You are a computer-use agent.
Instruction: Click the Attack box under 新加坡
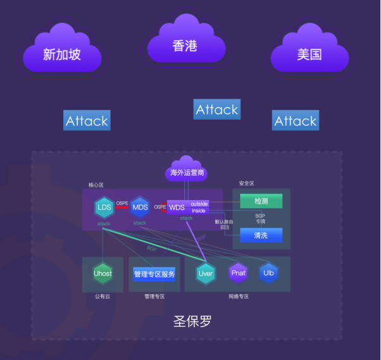87,120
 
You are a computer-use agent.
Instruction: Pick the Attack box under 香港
216,109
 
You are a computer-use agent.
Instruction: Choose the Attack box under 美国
295,120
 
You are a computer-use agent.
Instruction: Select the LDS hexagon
104,208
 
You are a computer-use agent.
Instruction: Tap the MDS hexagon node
139,208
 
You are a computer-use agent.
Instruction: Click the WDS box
177,207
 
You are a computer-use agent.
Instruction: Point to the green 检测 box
261,201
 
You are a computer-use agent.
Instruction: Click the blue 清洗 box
261,235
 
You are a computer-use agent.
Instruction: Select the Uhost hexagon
103,273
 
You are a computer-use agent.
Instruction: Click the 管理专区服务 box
154,274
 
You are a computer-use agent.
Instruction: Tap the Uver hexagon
206,273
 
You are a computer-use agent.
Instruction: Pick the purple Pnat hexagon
239,273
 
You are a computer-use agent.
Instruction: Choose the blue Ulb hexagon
268,273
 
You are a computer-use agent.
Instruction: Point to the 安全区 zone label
247,183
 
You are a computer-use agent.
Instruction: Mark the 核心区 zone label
96,185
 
